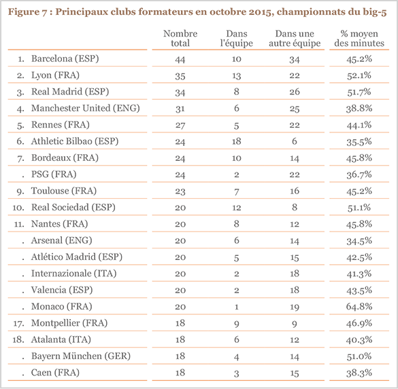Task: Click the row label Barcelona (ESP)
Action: tap(65, 59)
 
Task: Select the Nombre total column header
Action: tap(181, 39)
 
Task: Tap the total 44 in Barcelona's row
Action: tap(181, 59)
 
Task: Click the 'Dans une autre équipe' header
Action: tap(294, 39)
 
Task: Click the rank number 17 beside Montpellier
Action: tap(20, 322)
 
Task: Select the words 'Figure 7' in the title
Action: tap(29, 10)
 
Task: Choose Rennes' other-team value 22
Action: tap(294, 125)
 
